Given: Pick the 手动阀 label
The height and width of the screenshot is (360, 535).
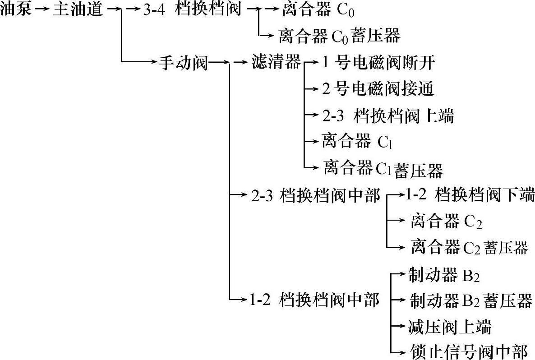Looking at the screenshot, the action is [183, 63].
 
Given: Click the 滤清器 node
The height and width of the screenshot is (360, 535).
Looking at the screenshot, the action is [275, 63].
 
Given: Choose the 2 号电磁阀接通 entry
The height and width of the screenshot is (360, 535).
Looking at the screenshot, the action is [378, 89].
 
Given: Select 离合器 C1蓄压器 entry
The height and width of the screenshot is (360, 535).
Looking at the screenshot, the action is [383, 169].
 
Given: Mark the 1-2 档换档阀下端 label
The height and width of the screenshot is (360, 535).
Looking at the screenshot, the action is [470, 195].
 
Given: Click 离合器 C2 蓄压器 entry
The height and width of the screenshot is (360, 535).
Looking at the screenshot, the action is [469, 247].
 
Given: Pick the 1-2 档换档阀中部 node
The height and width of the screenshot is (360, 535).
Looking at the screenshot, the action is [314, 300].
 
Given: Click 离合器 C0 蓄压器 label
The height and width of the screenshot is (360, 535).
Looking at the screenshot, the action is [339, 36].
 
